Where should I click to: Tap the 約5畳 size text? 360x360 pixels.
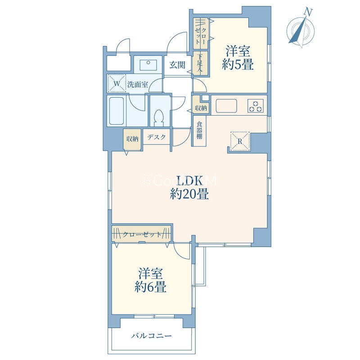(x=238, y=64)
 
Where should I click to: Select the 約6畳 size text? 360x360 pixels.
(x=150, y=287)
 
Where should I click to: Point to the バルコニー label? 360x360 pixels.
(x=151, y=336)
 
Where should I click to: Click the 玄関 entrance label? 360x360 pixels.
(x=177, y=65)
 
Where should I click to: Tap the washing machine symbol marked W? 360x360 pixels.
(x=117, y=83)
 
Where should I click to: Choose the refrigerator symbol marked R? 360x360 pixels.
(x=240, y=141)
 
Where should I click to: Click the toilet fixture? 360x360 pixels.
(x=159, y=118)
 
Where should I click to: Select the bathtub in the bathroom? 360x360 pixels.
(x=117, y=111)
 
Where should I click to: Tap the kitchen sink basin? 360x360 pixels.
(x=226, y=106)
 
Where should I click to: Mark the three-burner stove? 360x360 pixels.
(x=256, y=106)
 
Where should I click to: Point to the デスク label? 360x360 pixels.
(x=157, y=137)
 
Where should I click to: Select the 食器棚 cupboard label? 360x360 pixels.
(x=199, y=130)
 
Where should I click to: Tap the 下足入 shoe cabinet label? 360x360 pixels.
(x=200, y=63)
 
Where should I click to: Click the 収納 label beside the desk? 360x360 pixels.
(x=132, y=139)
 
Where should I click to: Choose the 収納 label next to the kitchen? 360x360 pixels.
(x=201, y=108)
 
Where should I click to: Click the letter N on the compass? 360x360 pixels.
(x=308, y=12)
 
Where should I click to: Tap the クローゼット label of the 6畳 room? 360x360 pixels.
(x=142, y=234)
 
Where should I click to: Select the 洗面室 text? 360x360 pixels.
(x=138, y=85)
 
